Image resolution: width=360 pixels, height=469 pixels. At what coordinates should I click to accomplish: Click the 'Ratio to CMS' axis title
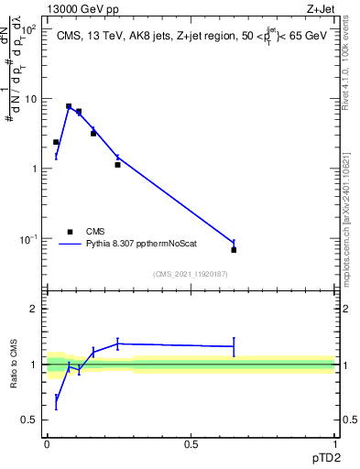click(15, 365)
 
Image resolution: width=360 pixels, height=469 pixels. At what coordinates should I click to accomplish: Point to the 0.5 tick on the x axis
click(191, 444)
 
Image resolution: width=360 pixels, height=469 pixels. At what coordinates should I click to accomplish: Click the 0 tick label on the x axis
click(47, 444)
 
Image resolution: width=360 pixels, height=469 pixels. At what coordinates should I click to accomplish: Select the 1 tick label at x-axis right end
click(334, 444)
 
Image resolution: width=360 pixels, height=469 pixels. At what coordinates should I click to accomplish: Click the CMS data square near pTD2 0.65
click(234, 249)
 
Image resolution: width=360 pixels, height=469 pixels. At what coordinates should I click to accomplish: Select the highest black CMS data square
click(69, 106)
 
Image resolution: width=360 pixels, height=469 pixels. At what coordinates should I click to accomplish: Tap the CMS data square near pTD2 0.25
click(118, 165)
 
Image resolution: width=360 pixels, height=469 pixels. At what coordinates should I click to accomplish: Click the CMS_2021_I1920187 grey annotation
click(191, 273)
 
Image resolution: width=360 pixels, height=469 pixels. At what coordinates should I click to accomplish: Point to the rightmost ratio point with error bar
click(234, 346)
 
